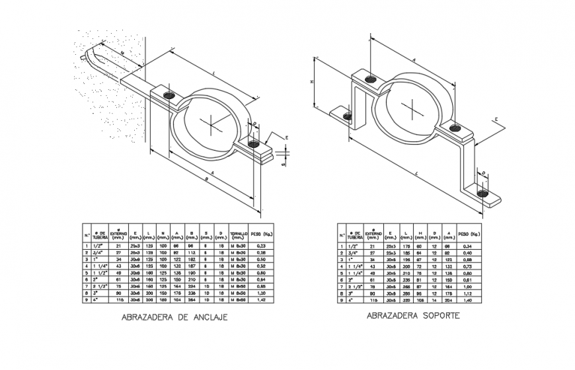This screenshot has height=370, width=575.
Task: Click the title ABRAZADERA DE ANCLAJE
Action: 174,317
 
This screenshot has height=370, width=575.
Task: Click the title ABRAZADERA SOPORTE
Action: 414,316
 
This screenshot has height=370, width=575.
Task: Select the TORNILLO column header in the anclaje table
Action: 238,235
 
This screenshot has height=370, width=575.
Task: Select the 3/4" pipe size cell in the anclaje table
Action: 100,252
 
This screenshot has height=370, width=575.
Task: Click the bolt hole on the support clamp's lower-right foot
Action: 483,193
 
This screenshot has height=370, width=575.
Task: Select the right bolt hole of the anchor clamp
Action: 254,142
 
